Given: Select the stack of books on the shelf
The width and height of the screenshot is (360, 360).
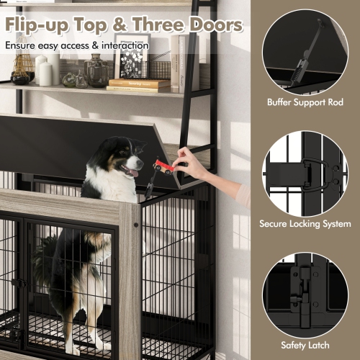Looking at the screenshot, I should click(140, 86).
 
